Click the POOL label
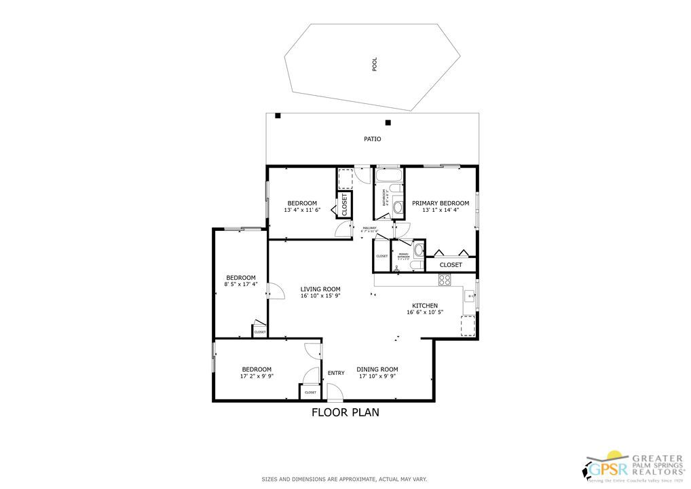point(374,65)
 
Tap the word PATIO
point(372,139)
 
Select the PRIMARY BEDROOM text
point(441,203)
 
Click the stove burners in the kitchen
point(445,278)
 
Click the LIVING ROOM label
point(320,289)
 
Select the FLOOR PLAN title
point(345,412)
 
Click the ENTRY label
point(336,373)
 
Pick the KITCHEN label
point(425,306)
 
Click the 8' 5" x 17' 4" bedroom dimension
point(240,284)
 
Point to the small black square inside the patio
point(388,123)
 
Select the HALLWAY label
point(369,228)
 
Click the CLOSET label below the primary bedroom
point(451,265)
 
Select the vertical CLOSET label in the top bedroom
point(344,204)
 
